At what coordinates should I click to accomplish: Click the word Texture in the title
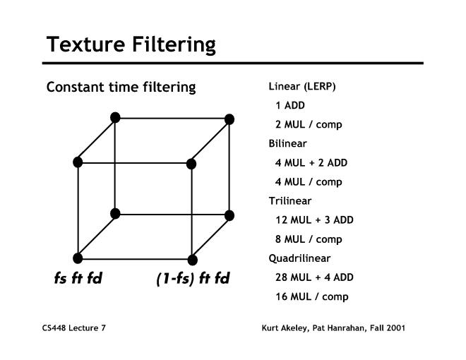(85, 44)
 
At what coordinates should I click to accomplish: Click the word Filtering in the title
(174, 45)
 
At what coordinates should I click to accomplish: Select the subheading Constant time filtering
(121, 88)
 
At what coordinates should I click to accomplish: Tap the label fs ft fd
(78, 278)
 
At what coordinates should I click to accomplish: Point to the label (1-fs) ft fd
(193, 279)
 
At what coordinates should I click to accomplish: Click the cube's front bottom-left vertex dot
(78, 258)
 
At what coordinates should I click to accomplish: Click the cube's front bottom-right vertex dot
(192, 260)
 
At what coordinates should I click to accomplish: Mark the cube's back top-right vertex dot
(229, 119)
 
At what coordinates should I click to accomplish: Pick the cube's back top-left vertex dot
(115, 118)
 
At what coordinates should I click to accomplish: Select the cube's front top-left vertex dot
(78, 162)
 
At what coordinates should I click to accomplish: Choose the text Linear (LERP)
(302, 86)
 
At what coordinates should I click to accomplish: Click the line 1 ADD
(290, 105)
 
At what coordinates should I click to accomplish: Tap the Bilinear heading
(287, 143)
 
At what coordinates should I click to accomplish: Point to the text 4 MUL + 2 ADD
(311, 163)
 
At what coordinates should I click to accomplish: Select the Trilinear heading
(289, 201)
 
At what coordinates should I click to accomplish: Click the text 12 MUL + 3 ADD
(314, 220)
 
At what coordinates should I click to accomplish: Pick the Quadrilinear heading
(299, 258)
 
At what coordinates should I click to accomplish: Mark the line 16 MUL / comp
(312, 296)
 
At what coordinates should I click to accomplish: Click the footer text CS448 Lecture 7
(73, 328)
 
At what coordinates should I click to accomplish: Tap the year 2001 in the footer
(396, 328)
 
